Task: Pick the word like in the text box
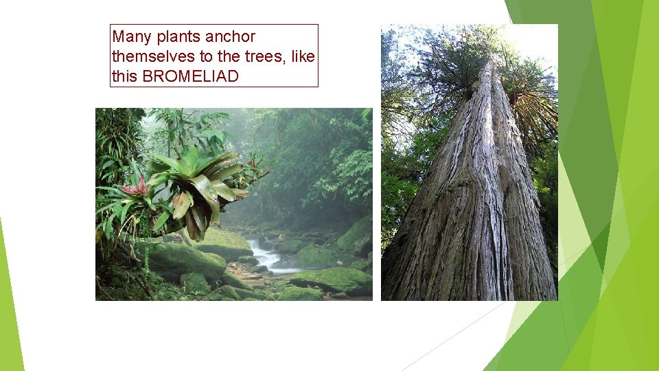[303, 56]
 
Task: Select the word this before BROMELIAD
[124, 76]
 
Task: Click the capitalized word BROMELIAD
[190, 76]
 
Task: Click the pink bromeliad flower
[136, 186]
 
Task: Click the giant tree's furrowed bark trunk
[474, 220]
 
